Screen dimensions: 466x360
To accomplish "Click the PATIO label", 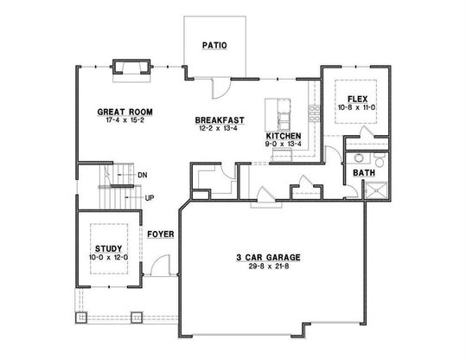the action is pos(214,45).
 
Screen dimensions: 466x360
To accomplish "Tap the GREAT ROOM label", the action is pos(124,112).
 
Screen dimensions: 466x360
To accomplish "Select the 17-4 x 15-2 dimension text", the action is pos(124,120).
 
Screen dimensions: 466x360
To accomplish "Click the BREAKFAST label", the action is pos(220,120).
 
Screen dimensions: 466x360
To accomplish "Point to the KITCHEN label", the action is pos(284,136).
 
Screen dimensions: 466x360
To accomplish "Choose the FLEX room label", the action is pos(358,99).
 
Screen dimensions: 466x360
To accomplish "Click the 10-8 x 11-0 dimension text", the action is pos(356,107).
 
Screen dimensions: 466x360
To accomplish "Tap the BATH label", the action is pos(364,173).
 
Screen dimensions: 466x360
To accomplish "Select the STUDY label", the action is pos(108,248).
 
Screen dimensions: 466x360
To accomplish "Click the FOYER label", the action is pos(161,235).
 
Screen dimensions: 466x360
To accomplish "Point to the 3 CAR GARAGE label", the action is pos(268,257).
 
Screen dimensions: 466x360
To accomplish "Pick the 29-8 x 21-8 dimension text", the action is pos(269,267).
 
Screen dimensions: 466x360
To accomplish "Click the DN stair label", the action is pos(143,175).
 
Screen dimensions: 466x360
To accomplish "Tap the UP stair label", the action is pos(150,198).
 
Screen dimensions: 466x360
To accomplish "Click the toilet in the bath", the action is pos(380,160).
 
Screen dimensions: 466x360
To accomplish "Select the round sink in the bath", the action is pos(359,157).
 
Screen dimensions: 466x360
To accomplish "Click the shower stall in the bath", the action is pos(376,190).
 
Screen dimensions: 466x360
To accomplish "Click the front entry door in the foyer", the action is pos(161,266).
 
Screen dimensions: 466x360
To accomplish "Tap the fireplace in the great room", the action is pos(131,67).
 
